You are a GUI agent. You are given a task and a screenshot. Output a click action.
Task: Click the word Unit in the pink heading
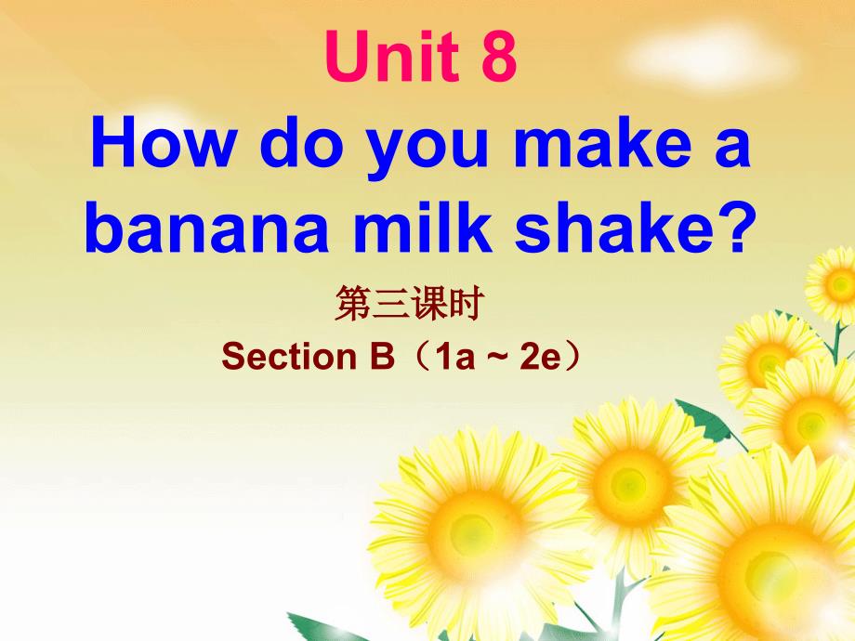[x=391, y=56]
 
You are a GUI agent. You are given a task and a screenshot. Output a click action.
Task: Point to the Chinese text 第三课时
[x=409, y=303]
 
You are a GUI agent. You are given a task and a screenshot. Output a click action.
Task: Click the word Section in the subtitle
[x=289, y=356]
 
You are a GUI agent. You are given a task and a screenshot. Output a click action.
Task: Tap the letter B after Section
[x=381, y=356]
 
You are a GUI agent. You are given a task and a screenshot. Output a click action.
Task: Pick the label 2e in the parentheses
[x=540, y=357]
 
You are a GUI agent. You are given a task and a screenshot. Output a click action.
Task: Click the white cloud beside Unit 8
[x=709, y=55]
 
